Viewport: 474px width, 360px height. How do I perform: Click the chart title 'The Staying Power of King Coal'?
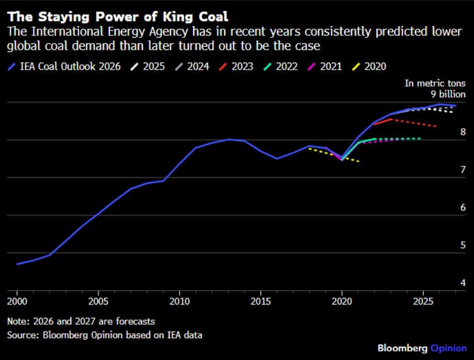click(x=118, y=16)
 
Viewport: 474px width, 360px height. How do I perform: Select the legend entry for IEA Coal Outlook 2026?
click(x=64, y=66)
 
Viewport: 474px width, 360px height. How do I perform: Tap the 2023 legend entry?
click(x=236, y=66)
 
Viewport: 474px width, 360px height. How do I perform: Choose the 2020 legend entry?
click(x=369, y=66)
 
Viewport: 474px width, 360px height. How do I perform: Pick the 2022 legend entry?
click(x=280, y=66)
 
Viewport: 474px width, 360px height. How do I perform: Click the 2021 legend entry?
click(x=324, y=66)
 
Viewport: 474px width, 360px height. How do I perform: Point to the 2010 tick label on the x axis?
click(x=179, y=301)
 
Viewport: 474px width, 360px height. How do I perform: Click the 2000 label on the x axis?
click(x=17, y=301)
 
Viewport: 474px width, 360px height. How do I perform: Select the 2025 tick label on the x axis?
click(x=423, y=301)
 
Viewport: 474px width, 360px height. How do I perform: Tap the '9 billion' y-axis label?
click(x=448, y=94)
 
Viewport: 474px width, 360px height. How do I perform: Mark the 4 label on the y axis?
click(x=463, y=283)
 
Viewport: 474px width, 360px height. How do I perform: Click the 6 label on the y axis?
click(x=463, y=207)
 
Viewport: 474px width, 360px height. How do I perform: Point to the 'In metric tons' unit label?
click(x=435, y=83)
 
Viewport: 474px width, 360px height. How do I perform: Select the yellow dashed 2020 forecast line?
click(x=334, y=155)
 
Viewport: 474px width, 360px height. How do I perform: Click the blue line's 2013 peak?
click(x=229, y=140)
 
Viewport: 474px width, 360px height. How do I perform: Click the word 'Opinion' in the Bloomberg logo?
click(x=448, y=348)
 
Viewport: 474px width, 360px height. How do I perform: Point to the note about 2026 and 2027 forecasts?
click(x=81, y=321)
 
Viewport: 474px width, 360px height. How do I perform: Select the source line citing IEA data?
click(x=105, y=335)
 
